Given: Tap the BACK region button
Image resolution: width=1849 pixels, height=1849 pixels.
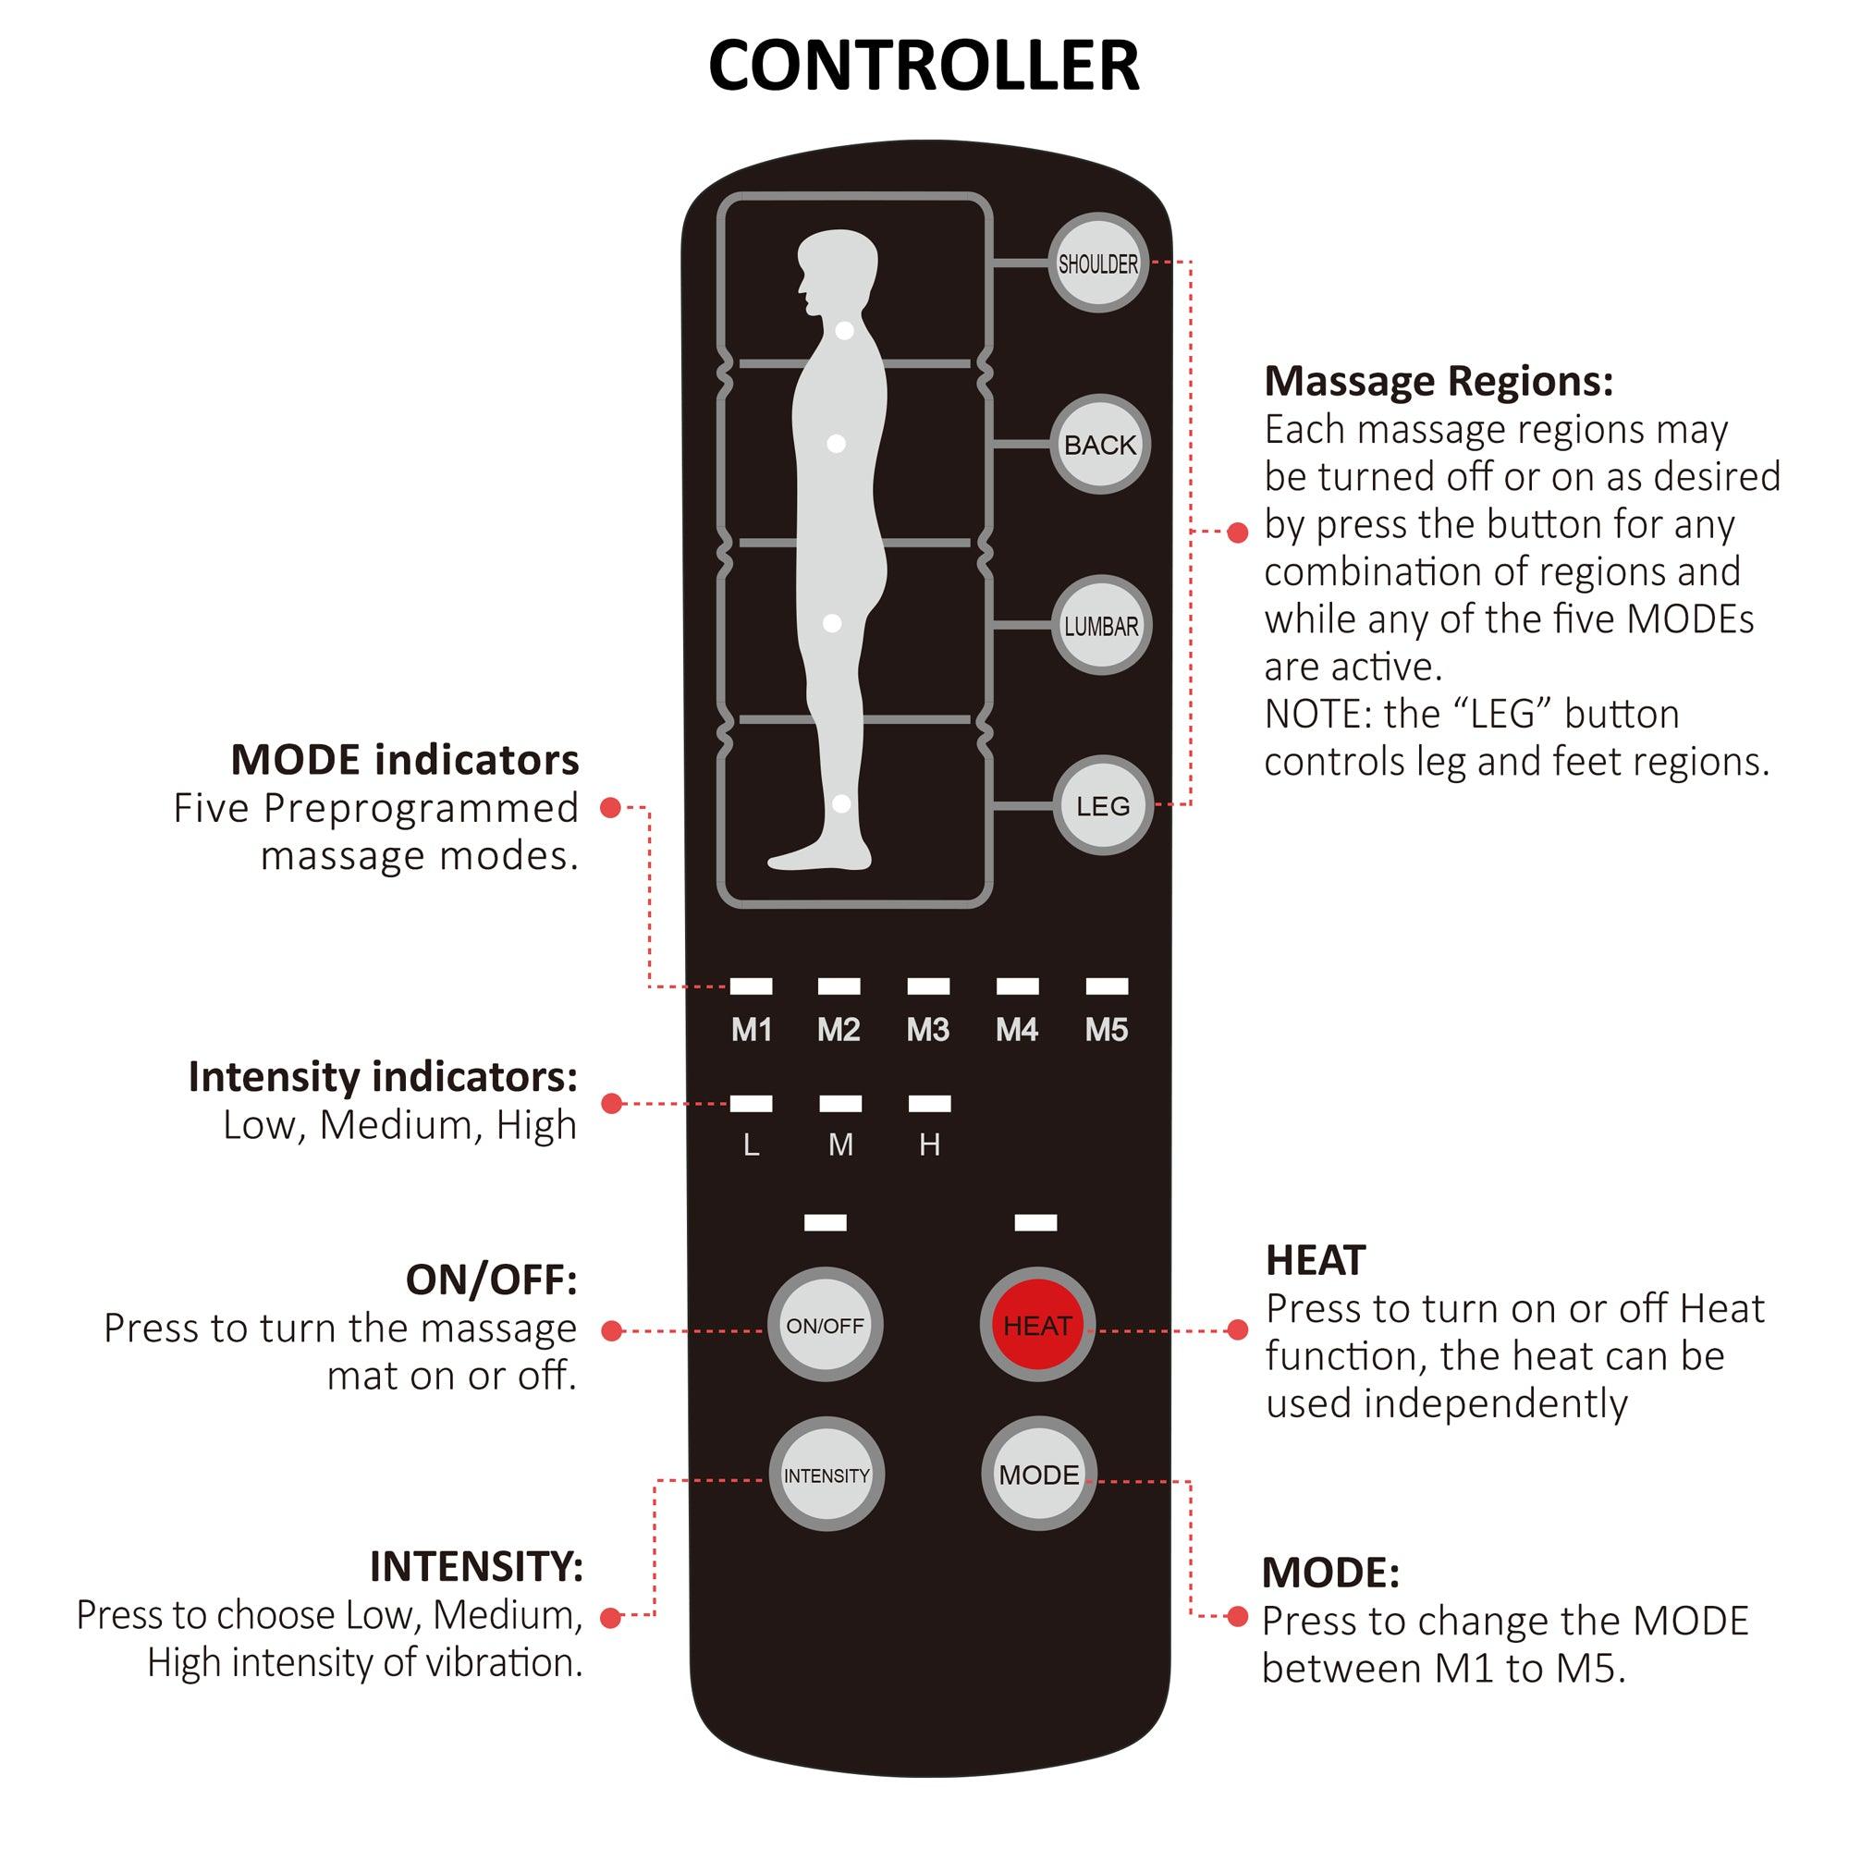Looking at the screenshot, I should (1099, 445).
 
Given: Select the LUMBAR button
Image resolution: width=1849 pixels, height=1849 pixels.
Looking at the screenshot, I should (1100, 626).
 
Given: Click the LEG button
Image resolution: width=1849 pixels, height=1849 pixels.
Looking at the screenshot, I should (1103, 806).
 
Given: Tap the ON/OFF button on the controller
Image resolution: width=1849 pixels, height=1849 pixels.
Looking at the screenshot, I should (825, 1326).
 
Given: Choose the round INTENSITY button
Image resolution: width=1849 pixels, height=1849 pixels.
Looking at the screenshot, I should (826, 1475).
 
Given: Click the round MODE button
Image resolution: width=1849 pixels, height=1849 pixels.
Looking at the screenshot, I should (1038, 1475).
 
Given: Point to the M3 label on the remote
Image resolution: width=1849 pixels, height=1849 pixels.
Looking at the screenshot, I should (927, 1030).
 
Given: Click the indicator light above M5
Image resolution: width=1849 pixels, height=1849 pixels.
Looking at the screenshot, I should (1107, 986).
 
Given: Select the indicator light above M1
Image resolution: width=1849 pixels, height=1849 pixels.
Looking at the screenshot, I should (752, 986).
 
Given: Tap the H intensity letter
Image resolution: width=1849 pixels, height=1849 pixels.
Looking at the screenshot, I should (929, 1145).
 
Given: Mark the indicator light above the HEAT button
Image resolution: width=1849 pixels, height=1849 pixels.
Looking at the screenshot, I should (1035, 1222).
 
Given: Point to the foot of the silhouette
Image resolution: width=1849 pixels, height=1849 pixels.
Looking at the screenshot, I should (814, 858).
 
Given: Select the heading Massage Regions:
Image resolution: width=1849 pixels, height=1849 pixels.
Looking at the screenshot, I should (1439, 381).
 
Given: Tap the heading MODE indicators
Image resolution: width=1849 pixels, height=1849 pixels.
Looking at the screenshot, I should (405, 760).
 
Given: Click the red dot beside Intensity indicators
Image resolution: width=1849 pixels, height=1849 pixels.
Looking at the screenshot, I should (611, 1104).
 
